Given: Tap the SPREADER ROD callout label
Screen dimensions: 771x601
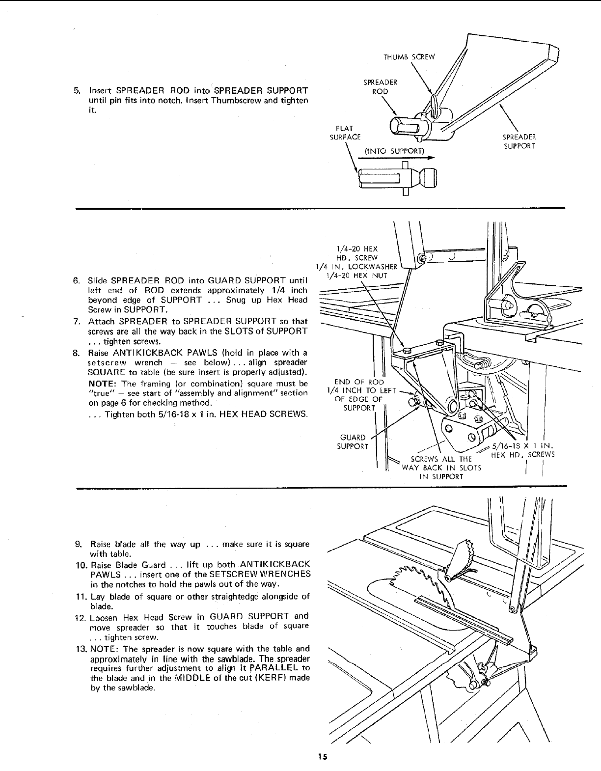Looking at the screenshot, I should coord(381,87).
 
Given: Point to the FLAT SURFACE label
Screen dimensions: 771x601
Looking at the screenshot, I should coord(345,133).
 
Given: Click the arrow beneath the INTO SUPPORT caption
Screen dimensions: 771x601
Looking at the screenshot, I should coord(398,159).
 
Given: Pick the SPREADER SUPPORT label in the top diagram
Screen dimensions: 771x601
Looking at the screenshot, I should coord(519,141).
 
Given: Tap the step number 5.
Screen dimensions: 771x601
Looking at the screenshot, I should coord(76,91).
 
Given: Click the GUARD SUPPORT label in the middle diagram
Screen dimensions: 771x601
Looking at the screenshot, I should coord(353,441).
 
